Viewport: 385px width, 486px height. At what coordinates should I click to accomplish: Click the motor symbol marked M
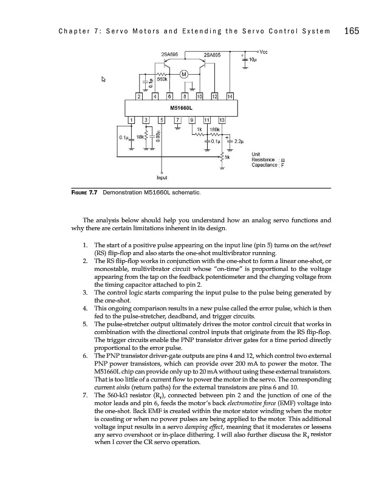184,74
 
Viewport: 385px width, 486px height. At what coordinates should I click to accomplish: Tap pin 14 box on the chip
230,97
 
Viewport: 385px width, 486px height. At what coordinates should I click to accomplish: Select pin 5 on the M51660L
162,120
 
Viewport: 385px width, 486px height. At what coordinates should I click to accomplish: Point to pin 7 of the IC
177,120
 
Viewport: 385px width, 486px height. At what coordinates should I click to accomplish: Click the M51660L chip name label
173,108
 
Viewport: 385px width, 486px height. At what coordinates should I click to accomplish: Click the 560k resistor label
163,80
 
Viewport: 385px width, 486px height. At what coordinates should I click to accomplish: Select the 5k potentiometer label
228,156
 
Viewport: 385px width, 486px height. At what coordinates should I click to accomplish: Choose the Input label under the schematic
162,178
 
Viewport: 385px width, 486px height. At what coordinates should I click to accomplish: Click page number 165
353,31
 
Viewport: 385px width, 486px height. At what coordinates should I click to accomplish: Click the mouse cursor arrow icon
104,79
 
